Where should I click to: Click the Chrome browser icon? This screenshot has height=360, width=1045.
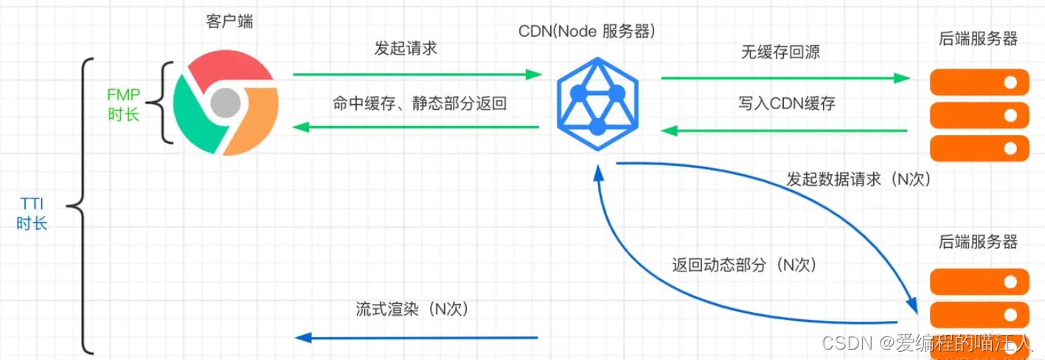click(225, 105)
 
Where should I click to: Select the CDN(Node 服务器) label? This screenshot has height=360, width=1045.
click(587, 32)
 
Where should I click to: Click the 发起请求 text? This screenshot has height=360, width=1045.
click(406, 49)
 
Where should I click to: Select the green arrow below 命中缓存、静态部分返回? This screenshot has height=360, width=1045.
click(416, 128)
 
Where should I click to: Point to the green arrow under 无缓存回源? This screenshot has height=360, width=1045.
click(785, 77)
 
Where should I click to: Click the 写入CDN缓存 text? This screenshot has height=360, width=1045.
click(787, 103)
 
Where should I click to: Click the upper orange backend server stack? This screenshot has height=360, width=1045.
click(979, 115)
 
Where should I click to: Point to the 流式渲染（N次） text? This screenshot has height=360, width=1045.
click(412, 309)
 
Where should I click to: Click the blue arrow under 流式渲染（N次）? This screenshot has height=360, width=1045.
click(416, 338)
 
